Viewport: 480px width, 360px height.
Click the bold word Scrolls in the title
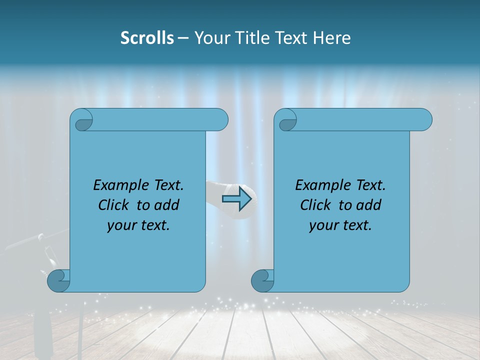tap(147, 38)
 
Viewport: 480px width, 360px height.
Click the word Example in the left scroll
tap(119, 185)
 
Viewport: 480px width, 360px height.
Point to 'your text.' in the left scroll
tap(138, 225)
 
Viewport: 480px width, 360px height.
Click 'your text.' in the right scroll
tap(340, 225)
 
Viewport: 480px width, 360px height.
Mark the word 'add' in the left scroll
tap(167, 205)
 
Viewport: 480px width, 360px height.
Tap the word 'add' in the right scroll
tap(369, 205)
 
